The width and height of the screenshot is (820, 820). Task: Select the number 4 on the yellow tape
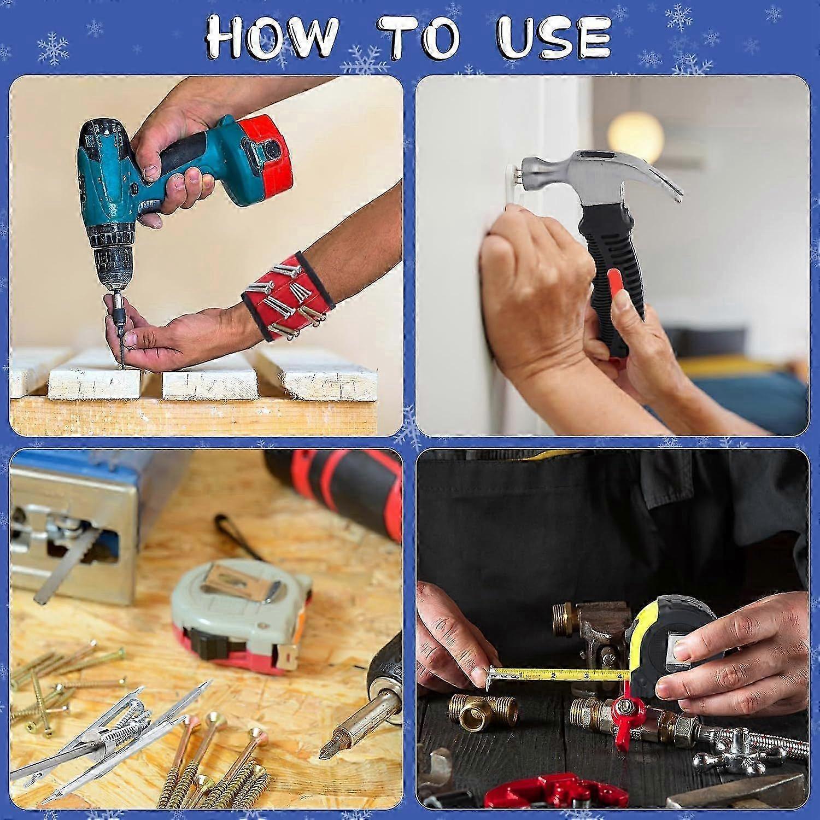coord(619,676)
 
